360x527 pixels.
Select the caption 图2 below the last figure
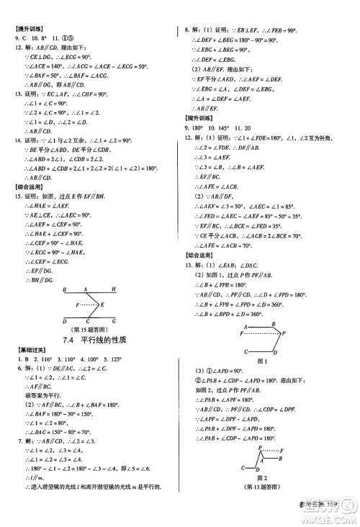tap(261, 495)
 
